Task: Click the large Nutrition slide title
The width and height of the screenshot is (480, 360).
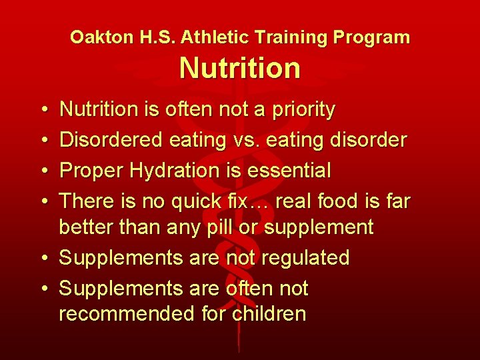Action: tap(240, 68)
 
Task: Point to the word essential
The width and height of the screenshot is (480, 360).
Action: tap(289, 171)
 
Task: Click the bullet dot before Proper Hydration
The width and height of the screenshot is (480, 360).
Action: tap(42, 171)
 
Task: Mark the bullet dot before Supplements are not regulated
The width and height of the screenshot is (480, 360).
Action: tap(42, 258)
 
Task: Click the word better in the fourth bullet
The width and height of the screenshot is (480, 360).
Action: tap(87, 227)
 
